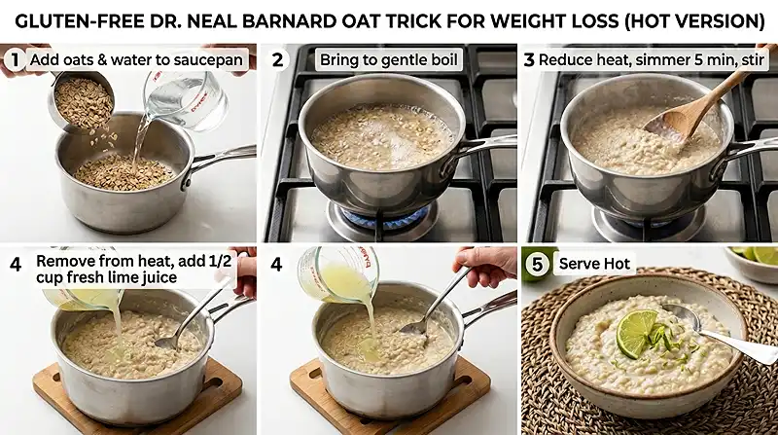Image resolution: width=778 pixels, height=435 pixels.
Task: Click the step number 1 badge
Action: (x=14, y=59)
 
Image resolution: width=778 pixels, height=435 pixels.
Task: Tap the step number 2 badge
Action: (x=277, y=59)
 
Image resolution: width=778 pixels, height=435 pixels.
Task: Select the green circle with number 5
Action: (x=536, y=262)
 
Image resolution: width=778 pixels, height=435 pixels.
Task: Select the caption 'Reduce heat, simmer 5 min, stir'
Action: (x=650, y=59)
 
